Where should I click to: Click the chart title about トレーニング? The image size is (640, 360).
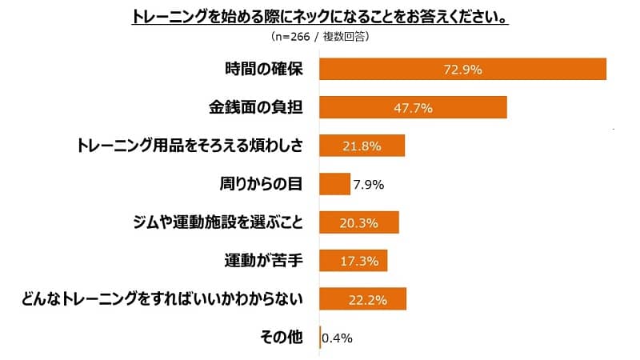(x=320, y=17)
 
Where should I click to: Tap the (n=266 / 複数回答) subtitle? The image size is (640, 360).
(x=320, y=37)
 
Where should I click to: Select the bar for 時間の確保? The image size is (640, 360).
(x=462, y=70)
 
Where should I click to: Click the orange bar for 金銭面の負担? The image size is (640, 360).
(x=413, y=107)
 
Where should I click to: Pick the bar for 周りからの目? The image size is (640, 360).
(x=334, y=184)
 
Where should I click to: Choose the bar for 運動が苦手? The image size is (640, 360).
(x=353, y=261)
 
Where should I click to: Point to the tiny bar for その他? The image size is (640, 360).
(x=320, y=338)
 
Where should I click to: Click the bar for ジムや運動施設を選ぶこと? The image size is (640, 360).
(x=358, y=222)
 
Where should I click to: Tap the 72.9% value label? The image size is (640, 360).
(x=462, y=70)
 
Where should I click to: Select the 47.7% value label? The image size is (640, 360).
(x=413, y=107)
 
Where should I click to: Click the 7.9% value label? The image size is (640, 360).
(x=369, y=185)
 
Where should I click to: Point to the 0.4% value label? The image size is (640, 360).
(x=337, y=338)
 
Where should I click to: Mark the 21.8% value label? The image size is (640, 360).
(x=361, y=146)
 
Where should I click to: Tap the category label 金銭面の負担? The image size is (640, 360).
(x=254, y=107)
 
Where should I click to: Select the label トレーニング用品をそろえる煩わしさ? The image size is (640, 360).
(x=190, y=146)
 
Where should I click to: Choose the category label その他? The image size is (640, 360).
(x=282, y=338)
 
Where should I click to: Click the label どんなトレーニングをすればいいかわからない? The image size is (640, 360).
(x=163, y=299)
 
